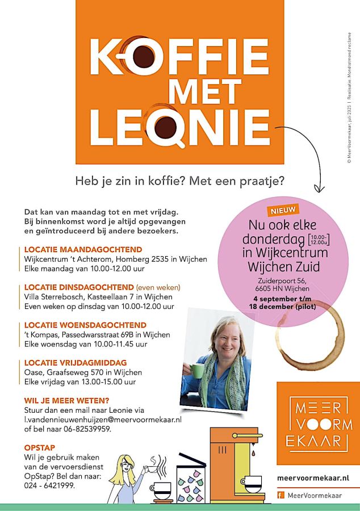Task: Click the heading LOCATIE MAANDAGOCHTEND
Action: (83, 249)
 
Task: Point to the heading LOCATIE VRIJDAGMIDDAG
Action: (76, 362)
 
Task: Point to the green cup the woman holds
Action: (198, 372)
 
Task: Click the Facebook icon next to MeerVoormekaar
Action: (280, 495)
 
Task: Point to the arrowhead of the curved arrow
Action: (319, 189)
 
